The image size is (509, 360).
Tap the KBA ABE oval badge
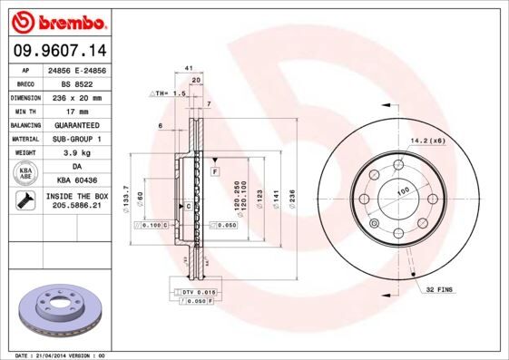(x=25, y=173)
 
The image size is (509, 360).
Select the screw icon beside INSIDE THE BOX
(x=25, y=200)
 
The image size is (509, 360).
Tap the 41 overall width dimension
(x=188, y=69)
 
